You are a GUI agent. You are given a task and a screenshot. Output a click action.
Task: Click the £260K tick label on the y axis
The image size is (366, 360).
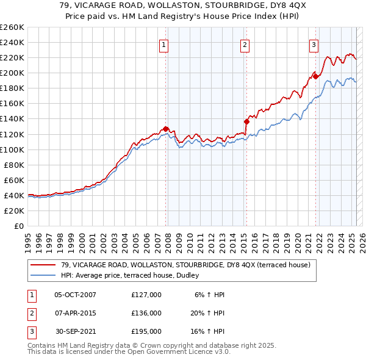click(12, 27)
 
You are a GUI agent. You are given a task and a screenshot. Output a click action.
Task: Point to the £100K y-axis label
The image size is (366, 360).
click(12, 149)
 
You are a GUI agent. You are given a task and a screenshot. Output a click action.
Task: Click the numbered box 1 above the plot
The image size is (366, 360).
click(165, 44)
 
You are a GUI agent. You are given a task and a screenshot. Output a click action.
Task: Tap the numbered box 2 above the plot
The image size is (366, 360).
click(244, 44)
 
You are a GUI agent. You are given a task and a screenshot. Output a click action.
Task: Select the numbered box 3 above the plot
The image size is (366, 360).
click(314, 44)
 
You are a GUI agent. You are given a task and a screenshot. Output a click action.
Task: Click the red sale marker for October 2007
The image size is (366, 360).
click(165, 129)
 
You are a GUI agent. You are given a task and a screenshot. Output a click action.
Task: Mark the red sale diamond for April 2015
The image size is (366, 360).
click(246, 122)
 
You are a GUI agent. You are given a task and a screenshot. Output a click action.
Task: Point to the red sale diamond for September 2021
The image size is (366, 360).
click(315, 76)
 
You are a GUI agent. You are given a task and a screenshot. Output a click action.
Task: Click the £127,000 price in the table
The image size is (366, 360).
click(146, 295)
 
